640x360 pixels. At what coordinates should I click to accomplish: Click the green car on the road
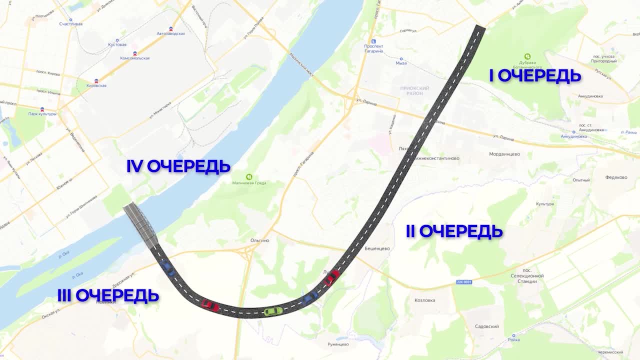click(x=272, y=311)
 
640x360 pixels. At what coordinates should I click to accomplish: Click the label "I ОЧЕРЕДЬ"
click(x=534, y=76)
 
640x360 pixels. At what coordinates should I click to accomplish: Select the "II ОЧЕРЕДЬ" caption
click(x=454, y=231)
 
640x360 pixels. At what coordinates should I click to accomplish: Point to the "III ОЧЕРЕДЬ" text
click(x=108, y=295)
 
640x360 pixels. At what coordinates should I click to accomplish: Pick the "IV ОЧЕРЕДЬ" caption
click(x=178, y=166)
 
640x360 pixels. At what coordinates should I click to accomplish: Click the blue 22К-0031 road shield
click(x=463, y=282)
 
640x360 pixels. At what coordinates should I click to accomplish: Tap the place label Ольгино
click(x=259, y=240)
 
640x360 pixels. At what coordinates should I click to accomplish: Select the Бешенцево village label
click(x=377, y=248)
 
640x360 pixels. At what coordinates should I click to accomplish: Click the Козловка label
click(x=424, y=300)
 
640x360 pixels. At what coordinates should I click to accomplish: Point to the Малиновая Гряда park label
click(x=249, y=183)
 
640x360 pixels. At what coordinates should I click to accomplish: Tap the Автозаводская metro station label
click(x=171, y=33)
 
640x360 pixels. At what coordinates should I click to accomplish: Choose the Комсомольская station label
click(x=134, y=58)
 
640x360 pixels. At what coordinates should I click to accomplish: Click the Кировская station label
click(x=96, y=85)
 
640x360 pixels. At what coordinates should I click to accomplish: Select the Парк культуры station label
click(x=42, y=113)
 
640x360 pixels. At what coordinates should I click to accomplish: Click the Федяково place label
click(x=616, y=177)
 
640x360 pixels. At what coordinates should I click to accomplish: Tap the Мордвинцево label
click(x=504, y=154)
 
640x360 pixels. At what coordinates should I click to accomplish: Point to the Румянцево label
click(x=338, y=344)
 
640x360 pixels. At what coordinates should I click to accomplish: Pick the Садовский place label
click(x=486, y=326)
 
